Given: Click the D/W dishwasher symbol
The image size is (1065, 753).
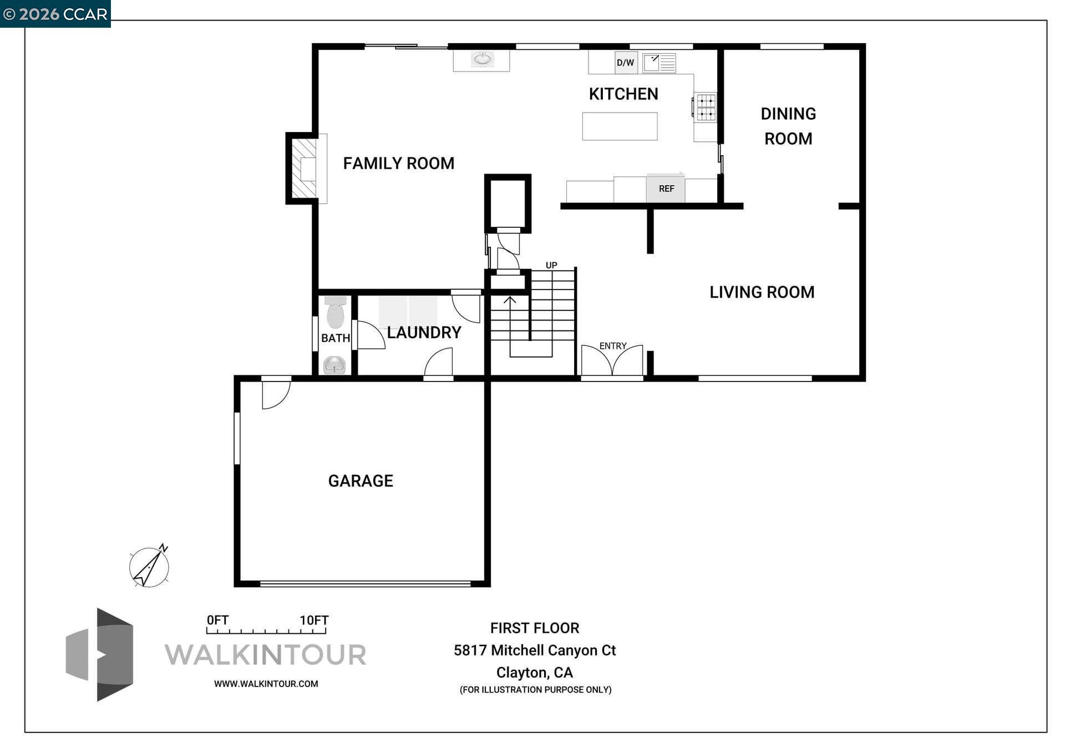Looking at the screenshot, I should click(x=626, y=63).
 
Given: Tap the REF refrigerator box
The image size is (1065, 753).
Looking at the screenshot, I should click(x=666, y=189).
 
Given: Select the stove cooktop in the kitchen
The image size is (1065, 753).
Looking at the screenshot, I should click(x=706, y=108).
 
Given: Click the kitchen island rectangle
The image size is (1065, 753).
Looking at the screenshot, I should click(x=620, y=126).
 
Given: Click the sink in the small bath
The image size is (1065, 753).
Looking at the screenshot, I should click(x=334, y=365).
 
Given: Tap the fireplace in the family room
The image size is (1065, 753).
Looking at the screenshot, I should click(x=305, y=169).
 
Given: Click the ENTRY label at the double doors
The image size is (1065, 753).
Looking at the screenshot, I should click(x=612, y=346).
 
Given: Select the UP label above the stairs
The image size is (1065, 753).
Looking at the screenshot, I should click(x=551, y=265).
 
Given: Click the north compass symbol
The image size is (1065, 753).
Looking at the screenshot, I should click(x=149, y=567).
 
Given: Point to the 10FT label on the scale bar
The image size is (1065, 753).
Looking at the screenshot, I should click(x=314, y=620).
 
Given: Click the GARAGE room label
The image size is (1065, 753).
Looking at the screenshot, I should click(x=361, y=481).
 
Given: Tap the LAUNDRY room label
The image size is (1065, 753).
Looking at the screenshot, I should click(x=424, y=333).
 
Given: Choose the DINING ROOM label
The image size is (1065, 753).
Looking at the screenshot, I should click(x=788, y=126).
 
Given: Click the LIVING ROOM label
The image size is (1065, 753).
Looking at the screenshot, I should click(x=762, y=292).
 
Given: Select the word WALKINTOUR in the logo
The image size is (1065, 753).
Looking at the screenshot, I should click(x=266, y=655).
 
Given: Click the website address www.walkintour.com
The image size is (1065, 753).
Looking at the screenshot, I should click(x=266, y=684).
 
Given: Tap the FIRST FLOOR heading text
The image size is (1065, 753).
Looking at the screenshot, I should click(x=534, y=628).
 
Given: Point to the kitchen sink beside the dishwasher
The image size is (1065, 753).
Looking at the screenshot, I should click(x=659, y=63).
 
